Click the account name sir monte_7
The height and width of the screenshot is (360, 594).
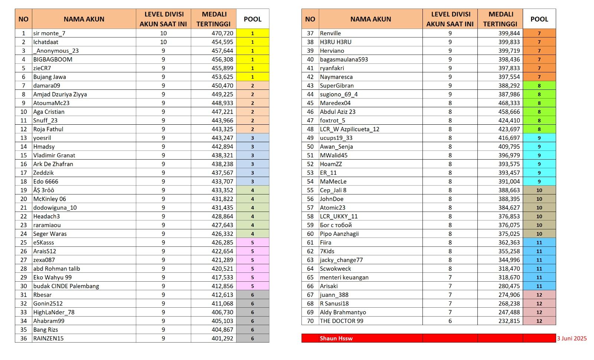[x=49, y=33]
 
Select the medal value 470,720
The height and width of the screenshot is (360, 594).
[x=222, y=33]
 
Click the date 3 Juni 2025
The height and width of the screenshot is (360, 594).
[x=572, y=338]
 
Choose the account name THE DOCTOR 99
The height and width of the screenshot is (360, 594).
[x=342, y=321]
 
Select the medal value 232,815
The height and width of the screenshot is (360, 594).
[x=509, y=321]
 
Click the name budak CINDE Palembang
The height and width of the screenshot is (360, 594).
[x=66, y=286]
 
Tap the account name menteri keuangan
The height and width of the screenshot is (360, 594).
[x=344, y=277]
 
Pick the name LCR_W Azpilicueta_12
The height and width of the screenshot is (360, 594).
[x=349, y=129]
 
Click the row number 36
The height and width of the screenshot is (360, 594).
[x=23, y=338]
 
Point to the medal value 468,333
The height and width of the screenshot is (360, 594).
[x=509, y=103]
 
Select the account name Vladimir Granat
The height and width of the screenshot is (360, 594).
[x=54, y=156]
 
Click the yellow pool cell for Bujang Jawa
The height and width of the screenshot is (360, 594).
[x=252, y=77]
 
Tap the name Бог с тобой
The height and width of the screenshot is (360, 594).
[x=336, y=225]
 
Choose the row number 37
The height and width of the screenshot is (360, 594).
[x=310, y=33]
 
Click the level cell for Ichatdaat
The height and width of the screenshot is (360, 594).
[x=163, y=42]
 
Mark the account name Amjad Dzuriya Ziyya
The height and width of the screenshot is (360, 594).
[x=60, y=94]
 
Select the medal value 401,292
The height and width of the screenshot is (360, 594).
[x=222, y=338]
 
